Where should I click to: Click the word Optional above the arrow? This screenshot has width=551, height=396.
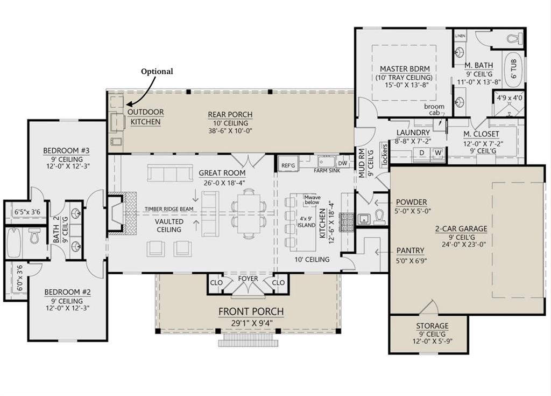coord(157,71)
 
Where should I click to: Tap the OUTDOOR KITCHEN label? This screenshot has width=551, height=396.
coord(145,117)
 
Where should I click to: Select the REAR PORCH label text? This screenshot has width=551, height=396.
coord(230,114)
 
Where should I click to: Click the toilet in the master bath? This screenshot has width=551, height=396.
coord(513,39)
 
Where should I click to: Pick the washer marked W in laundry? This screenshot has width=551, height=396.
coord(438,152)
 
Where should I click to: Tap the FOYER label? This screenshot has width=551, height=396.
coord(248,279)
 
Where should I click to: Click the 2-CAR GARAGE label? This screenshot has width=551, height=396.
coord(461,228)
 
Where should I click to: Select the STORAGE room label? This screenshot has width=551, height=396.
coord(432,326)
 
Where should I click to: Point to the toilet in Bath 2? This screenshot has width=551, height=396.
coord(35,236)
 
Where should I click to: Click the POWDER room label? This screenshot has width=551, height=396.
coord(412,203)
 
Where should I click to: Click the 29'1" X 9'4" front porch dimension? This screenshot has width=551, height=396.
coord(250,323)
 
